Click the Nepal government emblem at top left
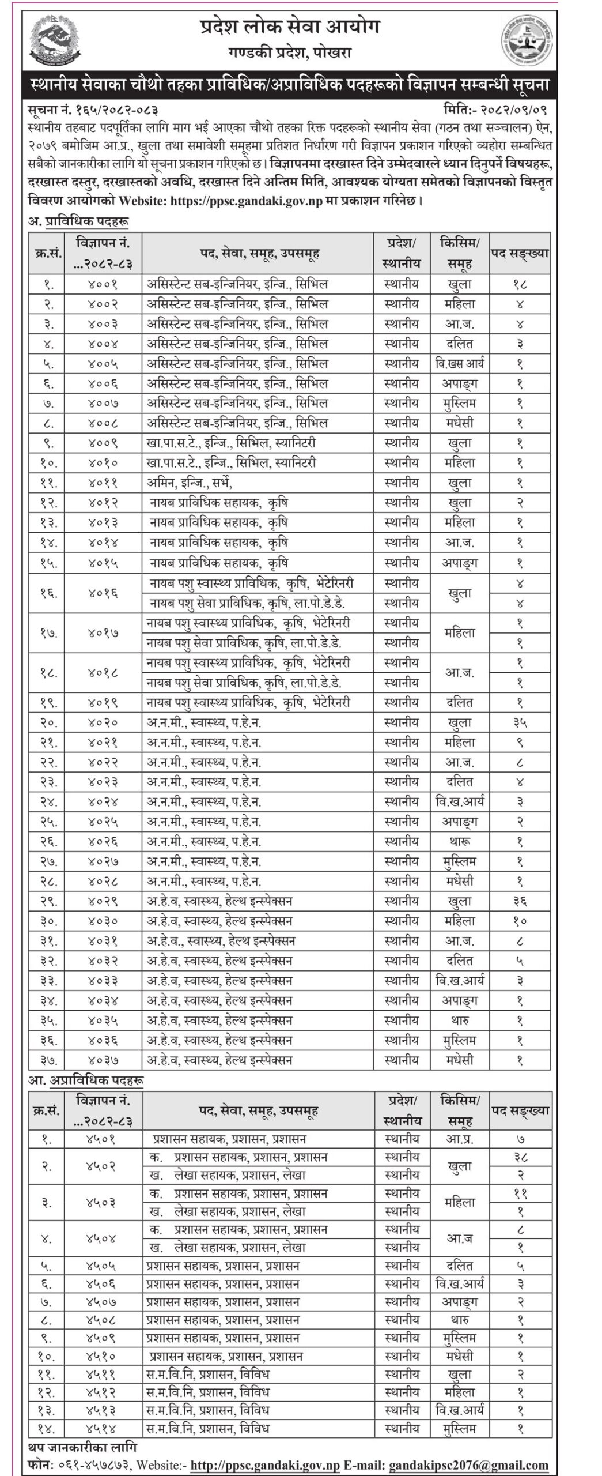(54, 41)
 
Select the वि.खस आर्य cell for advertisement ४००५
(460, 363)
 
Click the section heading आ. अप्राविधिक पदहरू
(86, 1080)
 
